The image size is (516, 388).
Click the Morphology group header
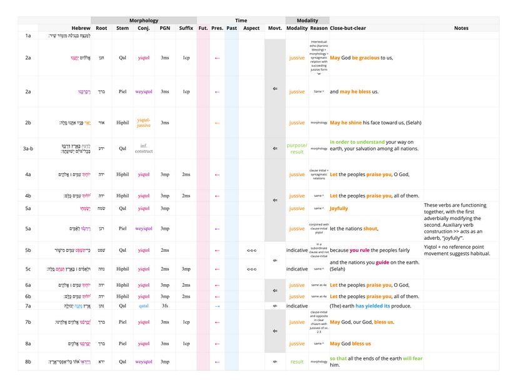point(144,21)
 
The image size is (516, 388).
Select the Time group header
point(241,21)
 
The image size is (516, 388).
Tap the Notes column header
point(461,28)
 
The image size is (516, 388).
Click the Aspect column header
point(251,28)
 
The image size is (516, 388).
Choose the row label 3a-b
point(28,148)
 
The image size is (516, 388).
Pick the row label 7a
point(28,306)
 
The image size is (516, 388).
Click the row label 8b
point(28,361)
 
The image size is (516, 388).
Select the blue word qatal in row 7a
point(144,306)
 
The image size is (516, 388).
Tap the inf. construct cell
point(144,148)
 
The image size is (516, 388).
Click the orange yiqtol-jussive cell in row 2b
point(144,122)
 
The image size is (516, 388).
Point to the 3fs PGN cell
point(164,306)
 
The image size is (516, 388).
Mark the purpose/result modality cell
point(297,148)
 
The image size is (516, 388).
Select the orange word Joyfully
point(339,208)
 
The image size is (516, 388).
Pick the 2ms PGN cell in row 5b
point(164,250)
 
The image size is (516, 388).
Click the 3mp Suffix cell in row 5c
point(186,269)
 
